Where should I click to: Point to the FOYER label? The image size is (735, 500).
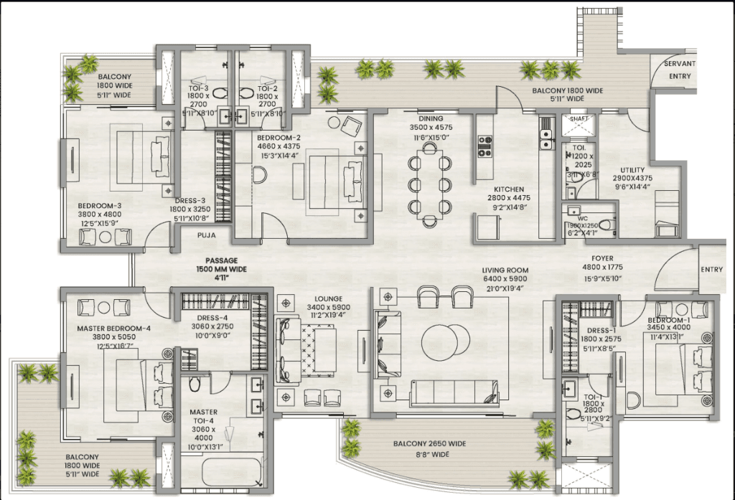pos(602,259)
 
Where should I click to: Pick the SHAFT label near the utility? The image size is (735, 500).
pos(579,120)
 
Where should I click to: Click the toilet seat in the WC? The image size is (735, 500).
pos(605,225)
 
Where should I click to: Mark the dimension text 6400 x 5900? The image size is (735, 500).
pos(504,279)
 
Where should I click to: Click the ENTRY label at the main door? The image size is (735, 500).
pos(711,270)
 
